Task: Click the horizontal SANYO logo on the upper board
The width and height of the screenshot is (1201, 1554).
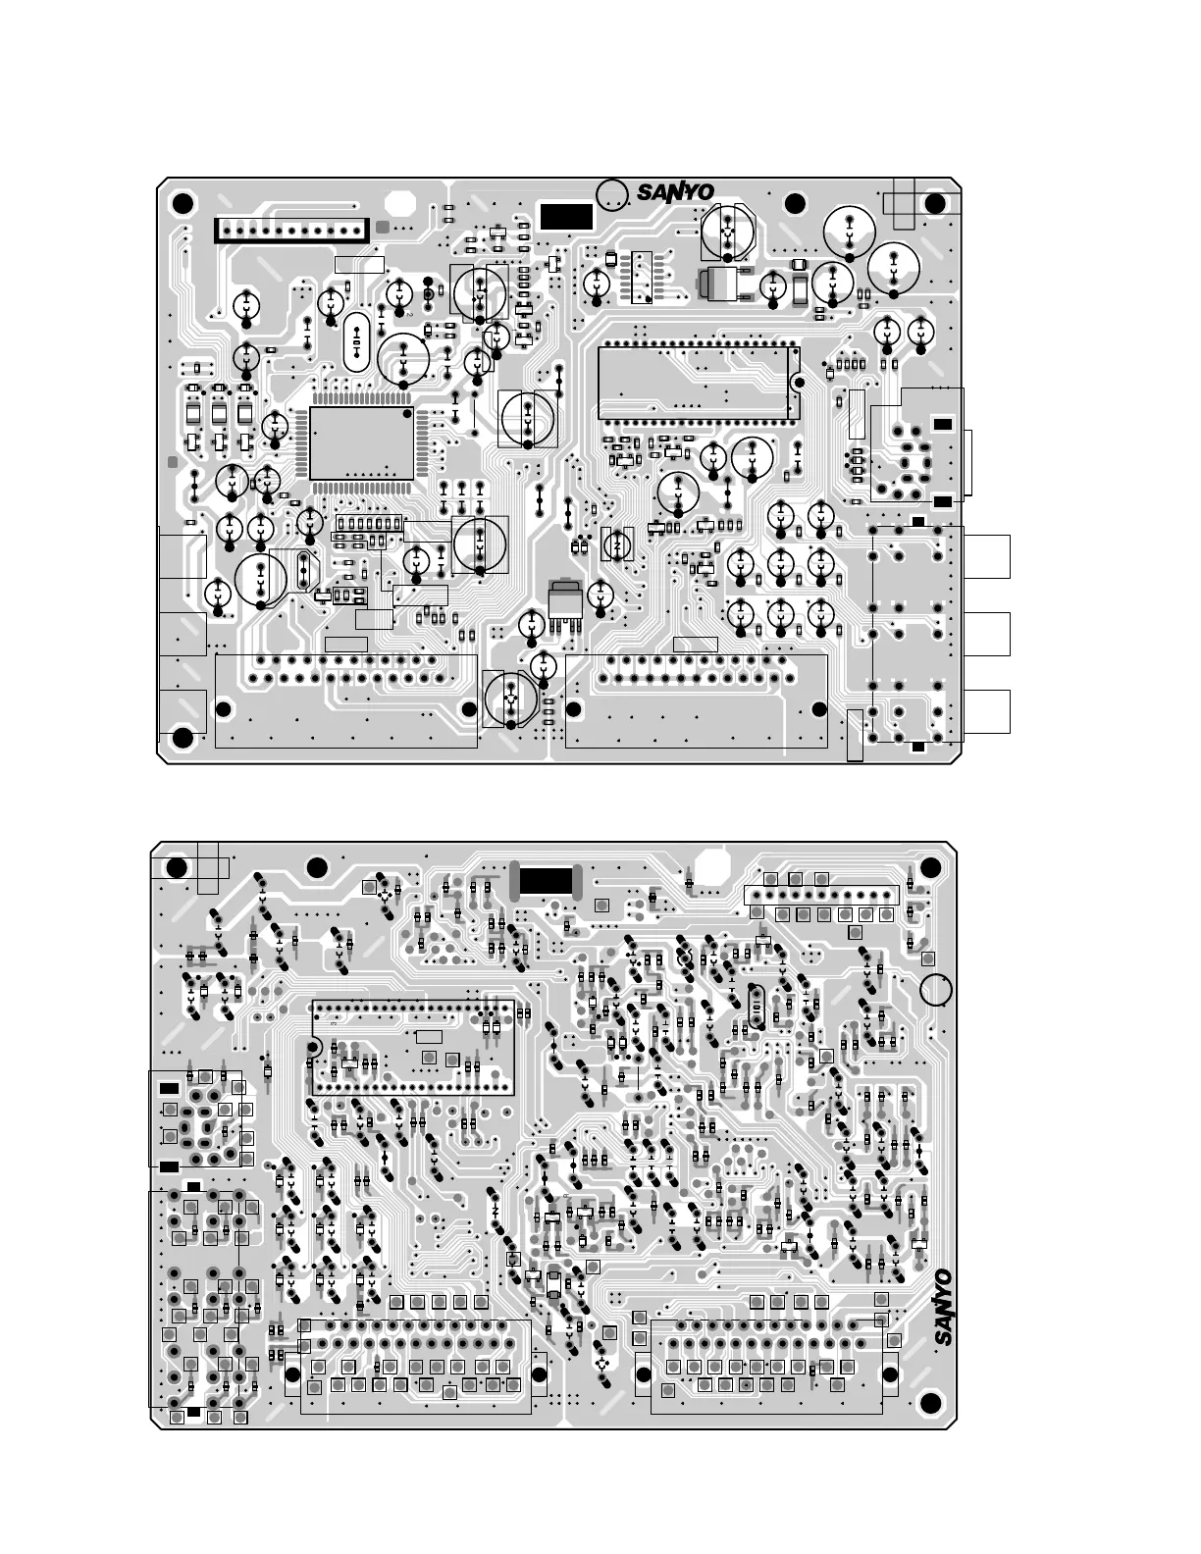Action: coord(675,192)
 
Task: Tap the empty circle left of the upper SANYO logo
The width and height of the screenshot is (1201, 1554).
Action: coord(613,194)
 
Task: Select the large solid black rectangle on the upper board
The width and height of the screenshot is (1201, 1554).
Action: coord(566,217)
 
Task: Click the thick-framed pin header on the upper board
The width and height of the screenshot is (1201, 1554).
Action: coord(292,231)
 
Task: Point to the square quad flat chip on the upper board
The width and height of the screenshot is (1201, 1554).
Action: coord(361,442)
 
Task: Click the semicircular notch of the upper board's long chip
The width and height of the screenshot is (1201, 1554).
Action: coord(797,383)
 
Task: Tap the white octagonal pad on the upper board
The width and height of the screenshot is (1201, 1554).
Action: coord(399,204)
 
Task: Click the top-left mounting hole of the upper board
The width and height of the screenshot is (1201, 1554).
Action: coord(182,204)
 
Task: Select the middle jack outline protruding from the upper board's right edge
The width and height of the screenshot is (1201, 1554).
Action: coord(986,634)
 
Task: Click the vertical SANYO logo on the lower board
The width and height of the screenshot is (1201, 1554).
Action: coord(942,1308)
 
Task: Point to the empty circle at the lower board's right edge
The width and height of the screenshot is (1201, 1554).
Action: coord(936,990)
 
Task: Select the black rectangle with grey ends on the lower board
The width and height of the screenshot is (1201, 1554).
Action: coord(546,881)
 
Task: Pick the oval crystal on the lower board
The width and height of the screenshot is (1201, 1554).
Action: coord(755,1007)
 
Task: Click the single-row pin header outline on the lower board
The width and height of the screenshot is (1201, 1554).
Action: coord(821,895)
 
